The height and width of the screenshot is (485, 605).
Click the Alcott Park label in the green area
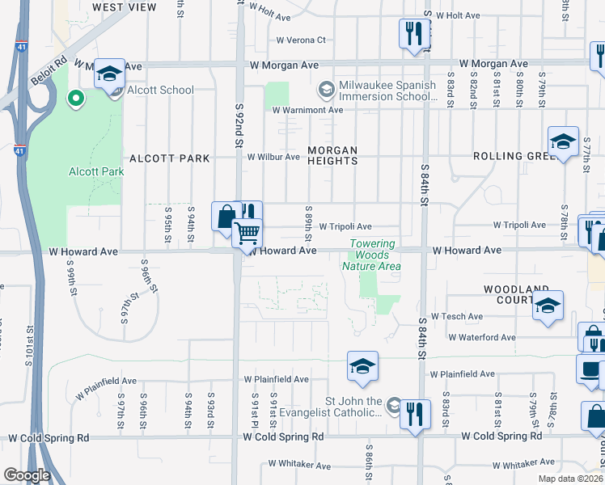click(96, 171)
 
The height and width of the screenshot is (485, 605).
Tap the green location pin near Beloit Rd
click(75, 99)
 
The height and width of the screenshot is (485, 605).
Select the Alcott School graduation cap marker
click(108, 75)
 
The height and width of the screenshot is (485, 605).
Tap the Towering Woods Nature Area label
click(371, 255)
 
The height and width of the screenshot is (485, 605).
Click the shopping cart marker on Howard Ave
click(247, 234)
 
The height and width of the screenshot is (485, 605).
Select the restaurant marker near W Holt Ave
click(413, 34)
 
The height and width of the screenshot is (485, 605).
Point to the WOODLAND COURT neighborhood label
click(522, 294)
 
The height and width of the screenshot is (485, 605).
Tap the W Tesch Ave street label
click(457, 317)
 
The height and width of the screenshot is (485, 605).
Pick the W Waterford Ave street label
click(481, 337)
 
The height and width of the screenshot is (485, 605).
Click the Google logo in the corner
click(27, 475)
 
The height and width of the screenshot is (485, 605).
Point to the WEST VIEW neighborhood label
click(125, 7)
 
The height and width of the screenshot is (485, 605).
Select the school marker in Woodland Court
click(548, 306)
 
